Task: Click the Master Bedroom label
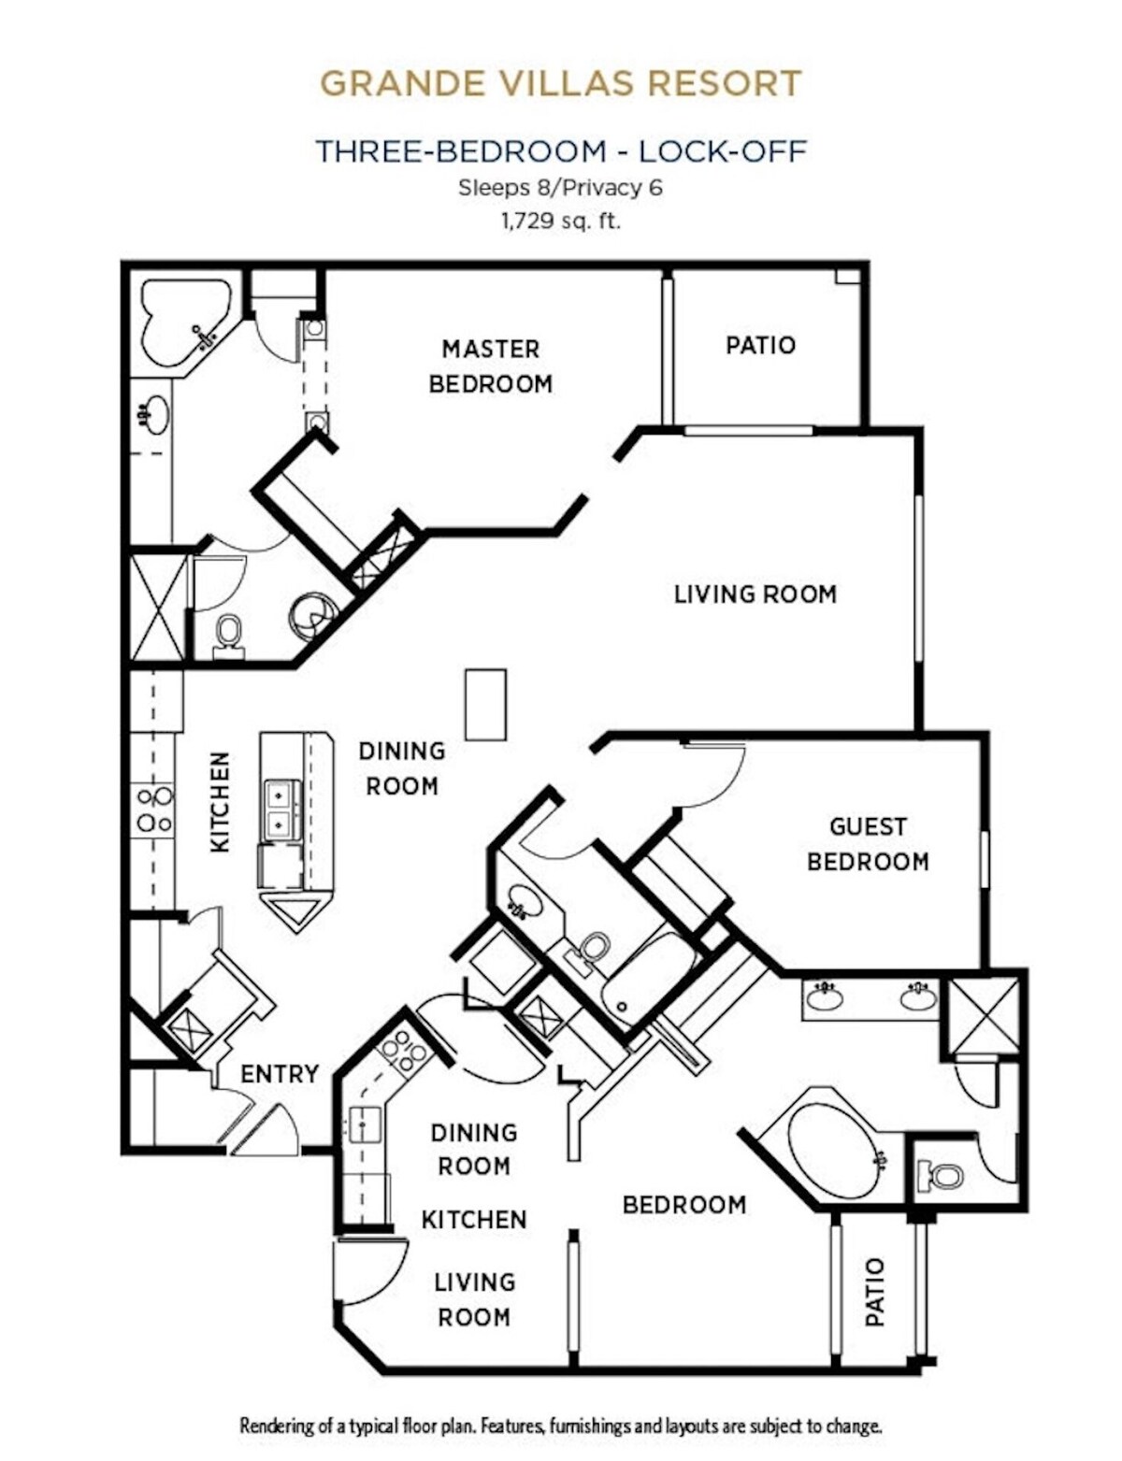(491, 366)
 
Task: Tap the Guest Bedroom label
(868, 844)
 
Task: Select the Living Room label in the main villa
(755, 594)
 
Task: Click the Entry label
(279, 1074)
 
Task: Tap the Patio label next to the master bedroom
(760, 345)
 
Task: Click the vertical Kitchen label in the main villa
(221, 801)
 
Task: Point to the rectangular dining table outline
(485, 705)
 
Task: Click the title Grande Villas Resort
(561, 82)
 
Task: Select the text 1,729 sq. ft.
(560, 221)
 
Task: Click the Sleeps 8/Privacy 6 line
(561, 188)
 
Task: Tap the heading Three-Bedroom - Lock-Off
(561, 150)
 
